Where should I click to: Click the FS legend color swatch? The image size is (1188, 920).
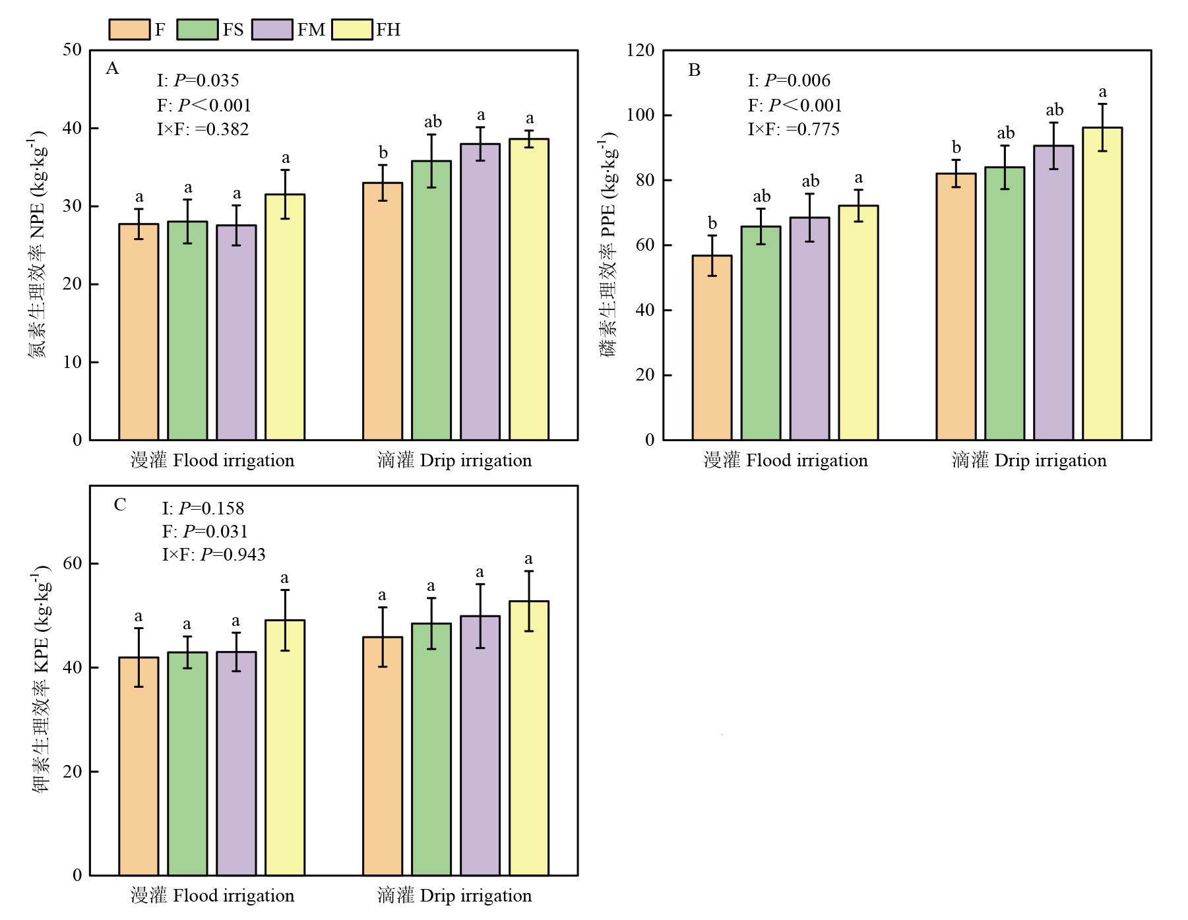click(x=197, y=30)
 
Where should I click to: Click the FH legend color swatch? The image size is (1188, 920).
click(x=352, y=30)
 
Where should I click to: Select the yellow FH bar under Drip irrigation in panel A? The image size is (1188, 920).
click(x=529, y=290)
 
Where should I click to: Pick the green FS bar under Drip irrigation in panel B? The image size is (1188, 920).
click(x=1005, y=303)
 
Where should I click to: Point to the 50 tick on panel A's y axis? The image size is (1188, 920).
click(x=73, y=50)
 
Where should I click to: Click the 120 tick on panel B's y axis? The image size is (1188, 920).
click(x=641, y=50)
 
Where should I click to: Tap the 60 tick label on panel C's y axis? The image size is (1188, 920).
click(x=73, y=563)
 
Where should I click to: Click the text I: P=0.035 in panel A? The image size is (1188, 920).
click(x=198, y=80)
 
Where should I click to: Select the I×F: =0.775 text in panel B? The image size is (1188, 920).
click(x=794, y=129)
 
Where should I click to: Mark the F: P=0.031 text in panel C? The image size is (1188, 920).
click(x=204, y=532)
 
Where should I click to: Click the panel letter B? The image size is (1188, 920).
click(x=694, y=70)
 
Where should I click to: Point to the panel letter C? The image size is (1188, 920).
click(x=120, y=505)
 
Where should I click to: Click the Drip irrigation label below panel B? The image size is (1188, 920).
click(x=1029, y=460)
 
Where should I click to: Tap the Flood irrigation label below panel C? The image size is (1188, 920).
click(x=212, y=896)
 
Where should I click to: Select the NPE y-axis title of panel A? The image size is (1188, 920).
click(x=37, y=244)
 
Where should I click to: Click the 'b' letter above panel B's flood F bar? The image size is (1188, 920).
click(x=712, y=223)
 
